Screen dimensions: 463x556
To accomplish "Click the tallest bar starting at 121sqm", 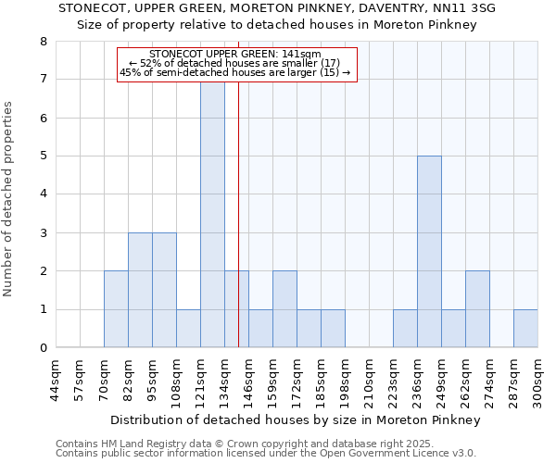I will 212,215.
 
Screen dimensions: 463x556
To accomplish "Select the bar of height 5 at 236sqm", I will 429,252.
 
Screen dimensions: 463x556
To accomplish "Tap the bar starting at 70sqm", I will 116,309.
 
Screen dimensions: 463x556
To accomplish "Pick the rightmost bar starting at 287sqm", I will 525,329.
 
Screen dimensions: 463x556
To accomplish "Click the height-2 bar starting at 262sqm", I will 477,309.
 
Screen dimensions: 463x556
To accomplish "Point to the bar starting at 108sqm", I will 188,329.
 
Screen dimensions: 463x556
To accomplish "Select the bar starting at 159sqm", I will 284,309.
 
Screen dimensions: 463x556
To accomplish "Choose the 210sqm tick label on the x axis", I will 369,382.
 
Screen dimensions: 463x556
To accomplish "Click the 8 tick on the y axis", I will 43,42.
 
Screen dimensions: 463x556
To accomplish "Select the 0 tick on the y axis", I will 43,348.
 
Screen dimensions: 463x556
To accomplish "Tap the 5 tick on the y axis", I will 43,156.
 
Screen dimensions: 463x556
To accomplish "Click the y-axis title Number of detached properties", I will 9,199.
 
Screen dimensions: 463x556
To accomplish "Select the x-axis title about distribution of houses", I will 295,419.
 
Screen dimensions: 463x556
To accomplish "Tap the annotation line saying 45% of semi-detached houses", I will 235,72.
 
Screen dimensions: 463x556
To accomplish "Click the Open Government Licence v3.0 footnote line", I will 266,454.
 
